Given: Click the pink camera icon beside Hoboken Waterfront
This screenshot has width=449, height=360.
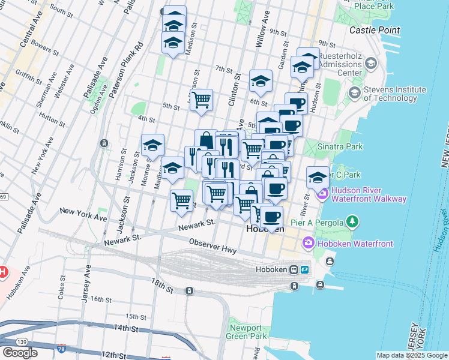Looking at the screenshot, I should (309, 242).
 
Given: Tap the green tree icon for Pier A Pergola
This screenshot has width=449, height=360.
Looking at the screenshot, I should (353, 223).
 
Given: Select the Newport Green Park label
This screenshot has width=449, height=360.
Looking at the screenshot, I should (246, 332).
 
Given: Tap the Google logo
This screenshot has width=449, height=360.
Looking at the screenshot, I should (20, 352).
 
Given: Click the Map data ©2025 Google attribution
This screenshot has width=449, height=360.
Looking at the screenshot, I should (411, 355).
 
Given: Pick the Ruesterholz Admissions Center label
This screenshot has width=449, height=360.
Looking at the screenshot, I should (340, 64).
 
